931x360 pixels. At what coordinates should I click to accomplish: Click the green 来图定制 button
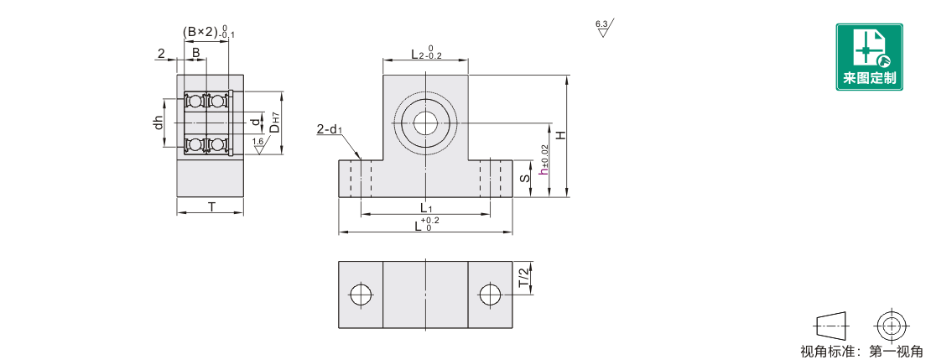869,57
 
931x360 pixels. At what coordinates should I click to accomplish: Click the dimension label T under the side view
211,206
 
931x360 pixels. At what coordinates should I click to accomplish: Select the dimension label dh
158,123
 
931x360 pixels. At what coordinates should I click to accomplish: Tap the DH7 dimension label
274,126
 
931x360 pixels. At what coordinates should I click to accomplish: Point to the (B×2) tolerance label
208,32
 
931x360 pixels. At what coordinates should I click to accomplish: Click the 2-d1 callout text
330,129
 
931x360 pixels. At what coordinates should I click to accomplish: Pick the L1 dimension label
426,208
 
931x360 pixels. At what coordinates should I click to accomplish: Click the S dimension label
525,179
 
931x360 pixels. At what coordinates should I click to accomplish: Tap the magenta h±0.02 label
543,159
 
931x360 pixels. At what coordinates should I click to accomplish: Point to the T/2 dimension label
523,278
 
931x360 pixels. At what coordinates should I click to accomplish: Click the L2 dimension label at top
427,54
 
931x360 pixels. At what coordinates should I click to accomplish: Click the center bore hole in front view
426,123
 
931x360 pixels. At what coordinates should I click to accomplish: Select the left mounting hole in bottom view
361,294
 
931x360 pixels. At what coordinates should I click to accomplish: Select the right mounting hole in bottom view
490,294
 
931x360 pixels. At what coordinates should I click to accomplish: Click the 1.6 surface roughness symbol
258,145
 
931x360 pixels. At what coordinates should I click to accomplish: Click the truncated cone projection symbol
832,326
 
